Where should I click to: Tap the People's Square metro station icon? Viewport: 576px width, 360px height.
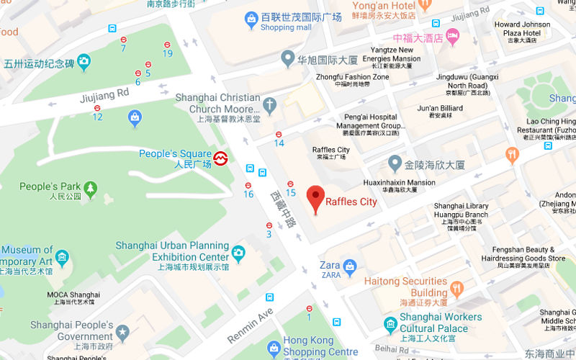pos(221,158)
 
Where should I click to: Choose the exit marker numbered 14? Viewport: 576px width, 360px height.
pos(279,134)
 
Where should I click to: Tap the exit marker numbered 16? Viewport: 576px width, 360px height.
pos(248,186)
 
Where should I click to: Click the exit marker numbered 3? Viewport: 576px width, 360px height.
pos(269,226)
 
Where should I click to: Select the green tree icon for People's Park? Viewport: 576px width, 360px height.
pos(90,188)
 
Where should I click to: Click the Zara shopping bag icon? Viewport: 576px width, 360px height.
pos(350,267)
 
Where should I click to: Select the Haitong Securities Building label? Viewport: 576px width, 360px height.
pos(405,287)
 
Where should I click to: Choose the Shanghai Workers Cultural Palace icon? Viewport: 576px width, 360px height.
pos(390,323)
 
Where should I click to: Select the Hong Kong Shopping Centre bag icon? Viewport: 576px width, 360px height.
pos(273,348)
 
